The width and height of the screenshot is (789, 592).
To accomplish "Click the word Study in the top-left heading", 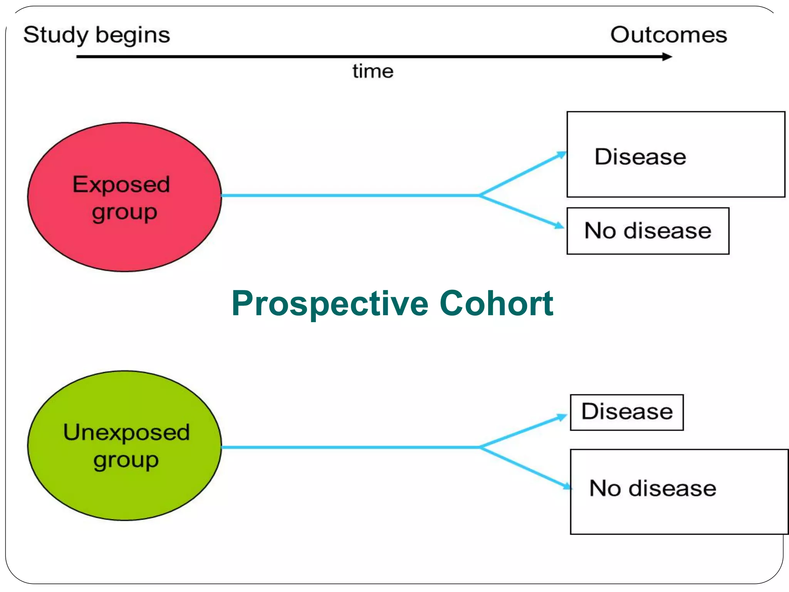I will coord(56,35).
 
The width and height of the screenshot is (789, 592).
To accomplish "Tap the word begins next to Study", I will coord(133,35).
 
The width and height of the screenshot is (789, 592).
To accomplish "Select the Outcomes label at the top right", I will coord(668,35).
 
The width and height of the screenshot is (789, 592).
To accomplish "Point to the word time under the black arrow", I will coord(373,71).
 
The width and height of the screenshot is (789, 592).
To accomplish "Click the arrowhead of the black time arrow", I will coord(667,57).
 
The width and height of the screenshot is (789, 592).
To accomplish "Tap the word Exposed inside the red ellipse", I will coord(121,184).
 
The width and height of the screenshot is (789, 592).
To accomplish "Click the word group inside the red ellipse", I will coord(124,213).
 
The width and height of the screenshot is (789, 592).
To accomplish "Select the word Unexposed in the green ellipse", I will coord(126,432).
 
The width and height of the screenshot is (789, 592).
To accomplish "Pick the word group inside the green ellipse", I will coord(126,461).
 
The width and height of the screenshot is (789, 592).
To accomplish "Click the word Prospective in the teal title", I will coord(329,304).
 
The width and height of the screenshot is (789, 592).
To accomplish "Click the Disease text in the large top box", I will coord(640,157).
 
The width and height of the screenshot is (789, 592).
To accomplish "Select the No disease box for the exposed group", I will coord(648,231).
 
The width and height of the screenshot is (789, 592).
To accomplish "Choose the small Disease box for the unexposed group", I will coord(627,412).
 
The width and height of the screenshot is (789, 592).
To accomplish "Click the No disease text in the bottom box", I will coord(653,488).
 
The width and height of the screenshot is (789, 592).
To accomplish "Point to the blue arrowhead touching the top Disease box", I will coord(561,155).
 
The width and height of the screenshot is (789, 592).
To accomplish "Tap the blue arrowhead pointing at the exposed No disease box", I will coord(559,225).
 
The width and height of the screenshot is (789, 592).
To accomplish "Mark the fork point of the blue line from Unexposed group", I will coord(480,447).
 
